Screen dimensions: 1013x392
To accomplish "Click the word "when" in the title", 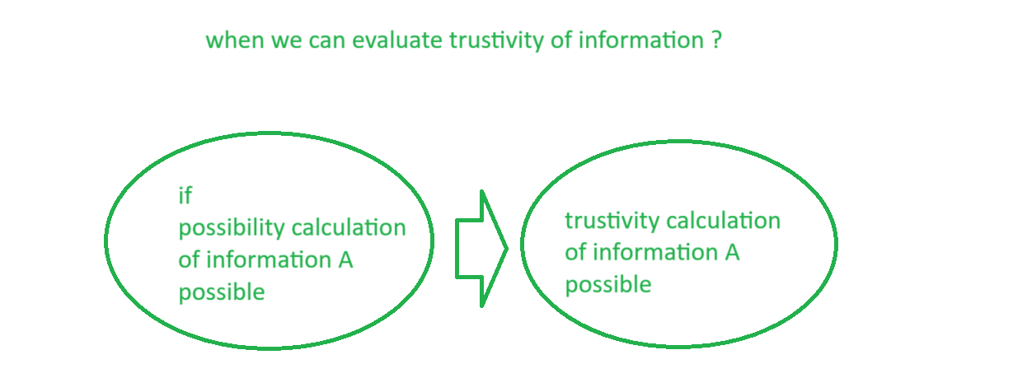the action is (x=235, y=40).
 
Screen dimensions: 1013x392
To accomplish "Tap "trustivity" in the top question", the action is (x=496, y=41).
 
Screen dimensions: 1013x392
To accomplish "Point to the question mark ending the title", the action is (x=716, y=40).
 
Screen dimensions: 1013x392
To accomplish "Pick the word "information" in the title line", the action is (x=641, y=40).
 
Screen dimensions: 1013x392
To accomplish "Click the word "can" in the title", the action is (x=327, y=41).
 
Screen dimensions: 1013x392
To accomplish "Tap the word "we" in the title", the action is (x=286, y=41).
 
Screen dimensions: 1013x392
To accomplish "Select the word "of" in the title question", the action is (x=561, y=40).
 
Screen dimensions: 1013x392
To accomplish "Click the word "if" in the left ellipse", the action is (x=185, y=196).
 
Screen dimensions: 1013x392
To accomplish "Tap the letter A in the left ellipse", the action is (x=345, y=260).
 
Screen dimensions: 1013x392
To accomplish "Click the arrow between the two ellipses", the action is (x=481, y=249).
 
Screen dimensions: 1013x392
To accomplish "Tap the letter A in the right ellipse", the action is (x=732, y=253).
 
